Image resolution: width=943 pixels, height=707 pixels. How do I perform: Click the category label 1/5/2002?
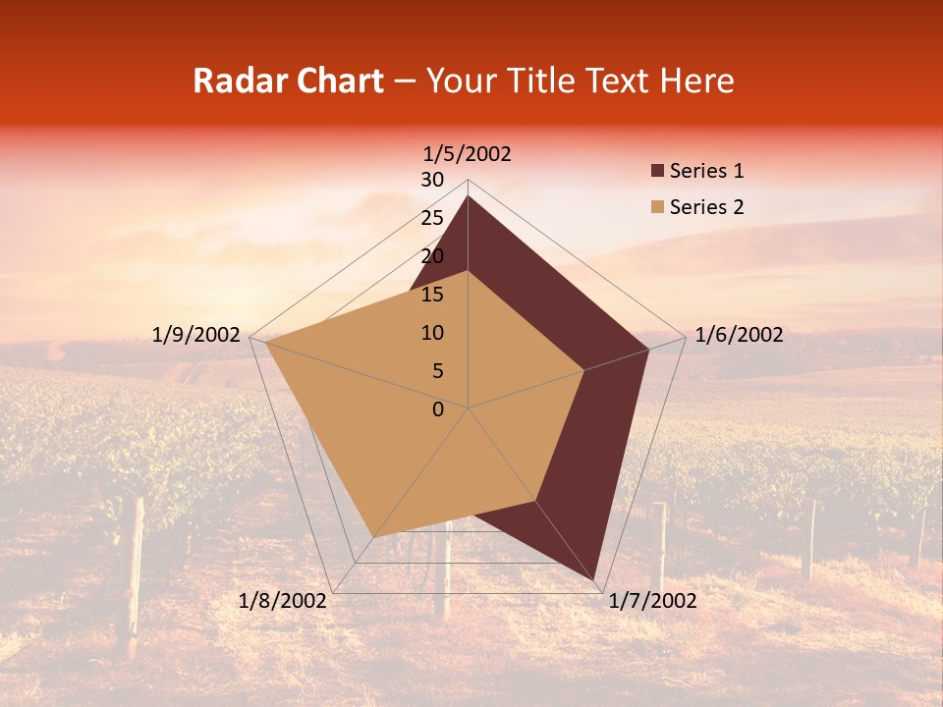click(468, 154)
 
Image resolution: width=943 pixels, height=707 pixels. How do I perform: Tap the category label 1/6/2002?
click(739, 335)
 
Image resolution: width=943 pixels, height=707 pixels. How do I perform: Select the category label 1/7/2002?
click(652, 601)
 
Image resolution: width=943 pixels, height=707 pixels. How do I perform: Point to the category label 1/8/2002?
click(283, 601)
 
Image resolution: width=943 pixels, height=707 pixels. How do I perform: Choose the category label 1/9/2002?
click(196, 335)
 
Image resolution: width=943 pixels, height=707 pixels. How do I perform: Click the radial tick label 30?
click(432, 180)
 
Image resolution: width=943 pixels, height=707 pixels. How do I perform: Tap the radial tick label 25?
click(432, 218)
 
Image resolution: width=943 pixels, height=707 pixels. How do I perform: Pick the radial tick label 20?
click(432, 256)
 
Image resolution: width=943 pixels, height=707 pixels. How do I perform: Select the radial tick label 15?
click(432, 295)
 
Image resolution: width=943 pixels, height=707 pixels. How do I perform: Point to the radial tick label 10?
click(432, 333)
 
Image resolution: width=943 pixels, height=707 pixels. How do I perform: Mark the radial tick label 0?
click(438, 409)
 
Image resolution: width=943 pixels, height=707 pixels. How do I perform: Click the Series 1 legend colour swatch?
click(657, 172)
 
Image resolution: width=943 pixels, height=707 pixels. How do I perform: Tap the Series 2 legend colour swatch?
click(657, 207)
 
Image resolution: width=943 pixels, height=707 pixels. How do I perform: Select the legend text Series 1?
click(706, 172)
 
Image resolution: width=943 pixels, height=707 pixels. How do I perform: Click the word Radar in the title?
click(237, 81)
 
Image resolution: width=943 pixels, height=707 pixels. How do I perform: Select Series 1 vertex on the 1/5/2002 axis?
click(468, 196)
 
